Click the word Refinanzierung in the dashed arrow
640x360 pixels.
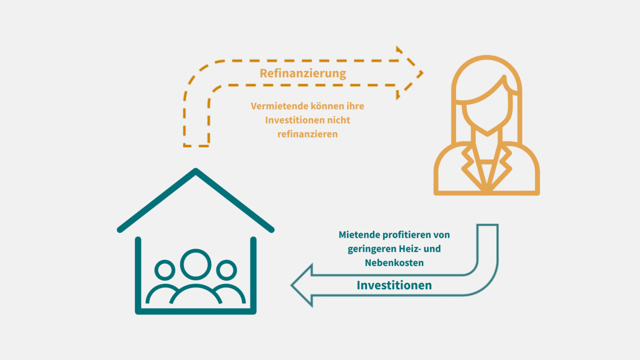[303, 73]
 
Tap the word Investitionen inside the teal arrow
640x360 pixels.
[394, 285]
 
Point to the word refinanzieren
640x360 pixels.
[307, 133]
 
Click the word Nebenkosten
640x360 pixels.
[394, 262]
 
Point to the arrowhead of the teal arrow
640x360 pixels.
[302, 285]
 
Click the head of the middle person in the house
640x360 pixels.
[195, 264]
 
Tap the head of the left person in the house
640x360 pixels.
[165, 270]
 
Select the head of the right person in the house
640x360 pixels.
[226, 270]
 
